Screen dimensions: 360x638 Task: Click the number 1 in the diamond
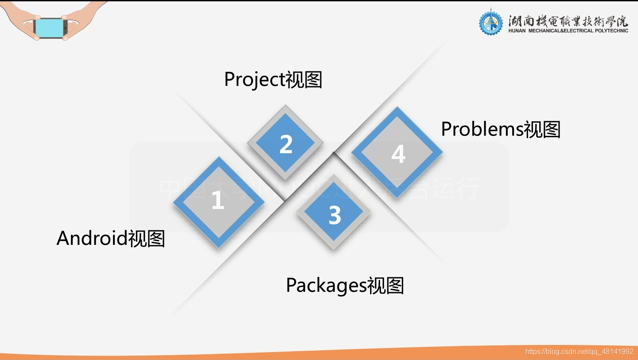click(x=218, y=201)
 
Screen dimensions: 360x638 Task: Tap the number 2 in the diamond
click(x=286, y=144)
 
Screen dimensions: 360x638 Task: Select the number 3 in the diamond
click(x=335, y=215)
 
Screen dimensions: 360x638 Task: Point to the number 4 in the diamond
click(x=398, y=155)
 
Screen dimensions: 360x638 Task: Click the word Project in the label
click(x=254, y=80)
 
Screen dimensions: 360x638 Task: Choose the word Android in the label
click(x=92, y=238)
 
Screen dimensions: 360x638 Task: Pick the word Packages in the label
click(x=326, y=285)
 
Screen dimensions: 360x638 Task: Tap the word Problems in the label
click(x=482, y=129)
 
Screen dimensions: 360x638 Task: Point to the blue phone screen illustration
click(x=51, y=27)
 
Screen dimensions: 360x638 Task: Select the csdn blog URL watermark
click(x=579, y=352)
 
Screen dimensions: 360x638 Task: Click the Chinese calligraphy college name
click(x=568, y=20)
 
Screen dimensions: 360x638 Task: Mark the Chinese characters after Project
click(x=303, y=80)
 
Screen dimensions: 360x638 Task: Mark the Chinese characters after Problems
click(x=542, y=130)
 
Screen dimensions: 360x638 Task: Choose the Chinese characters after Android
click(x=147, y=239)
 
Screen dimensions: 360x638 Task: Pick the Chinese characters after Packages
click(x=385, y=286)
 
